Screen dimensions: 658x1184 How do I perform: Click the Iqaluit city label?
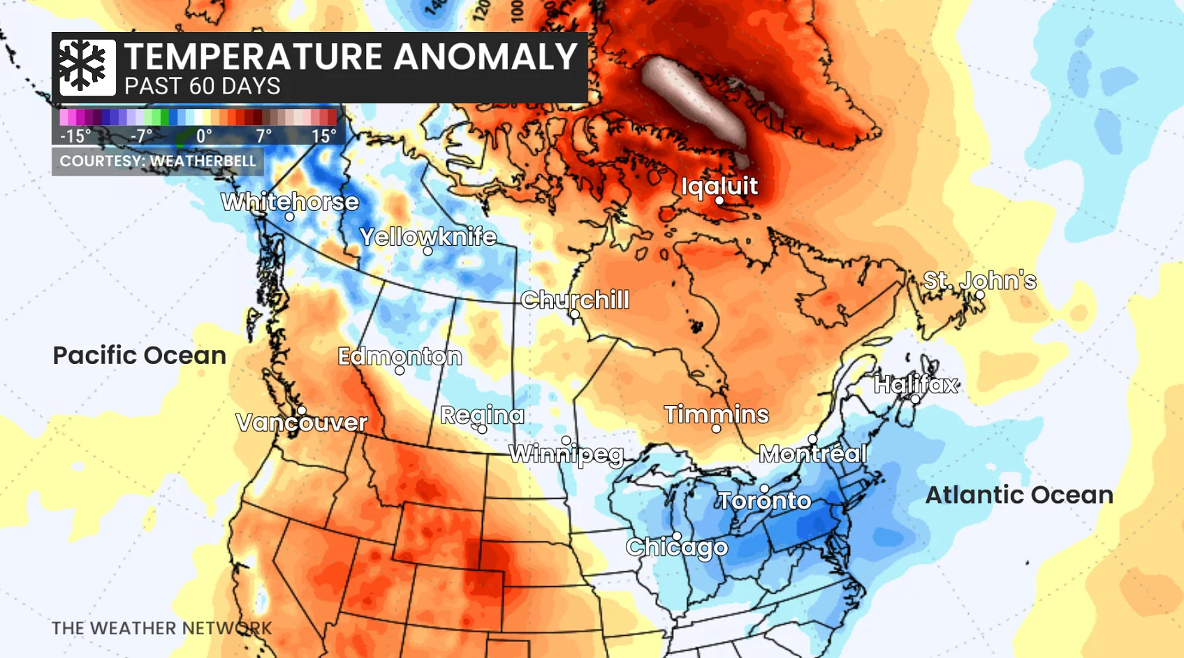(x=719, y=187)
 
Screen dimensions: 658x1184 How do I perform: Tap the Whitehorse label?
(x=290, y=202)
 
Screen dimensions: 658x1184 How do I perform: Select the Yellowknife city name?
(x=427, y=237)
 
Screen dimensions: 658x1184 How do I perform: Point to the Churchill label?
(x=574, y=300)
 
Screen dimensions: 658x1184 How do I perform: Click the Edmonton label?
(x=400, y=356)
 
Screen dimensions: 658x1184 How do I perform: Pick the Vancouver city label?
(x=301, y=422)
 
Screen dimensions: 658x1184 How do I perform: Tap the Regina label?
(x=482, y=415)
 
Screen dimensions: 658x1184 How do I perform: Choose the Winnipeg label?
(x=567, y=454)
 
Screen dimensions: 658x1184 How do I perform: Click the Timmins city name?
(x=716, y=414)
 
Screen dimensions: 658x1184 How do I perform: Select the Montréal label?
(x=812, y=453)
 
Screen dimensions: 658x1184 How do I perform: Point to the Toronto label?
(x=764, y=500)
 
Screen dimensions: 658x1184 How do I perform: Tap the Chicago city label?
(x=676, y=547)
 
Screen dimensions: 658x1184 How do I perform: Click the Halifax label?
(x=916, y=384)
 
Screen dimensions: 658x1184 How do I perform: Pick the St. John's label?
(x=979, y=281)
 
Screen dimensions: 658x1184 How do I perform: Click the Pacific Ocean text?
(x=140, y=355)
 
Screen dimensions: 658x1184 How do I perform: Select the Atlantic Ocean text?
(x=1018, y=495)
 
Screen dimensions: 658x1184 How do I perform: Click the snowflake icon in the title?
(x=87, y=67)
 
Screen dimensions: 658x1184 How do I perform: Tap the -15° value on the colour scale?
(x=75, y=136)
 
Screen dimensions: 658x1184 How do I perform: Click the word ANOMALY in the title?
(x=485, y=57)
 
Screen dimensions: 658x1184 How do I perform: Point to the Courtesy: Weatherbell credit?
(x=158, y=161)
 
